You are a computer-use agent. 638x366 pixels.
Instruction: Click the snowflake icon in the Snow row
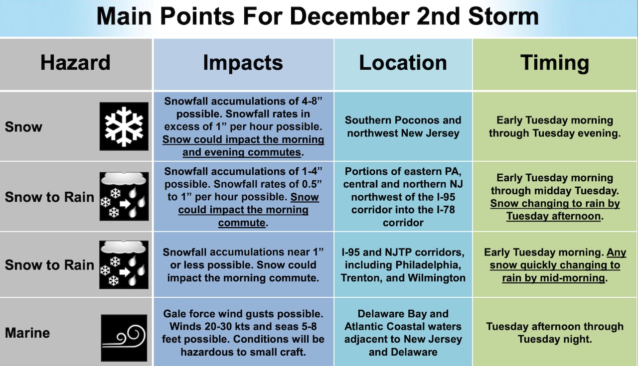pyautogui.click(x=124, y=126)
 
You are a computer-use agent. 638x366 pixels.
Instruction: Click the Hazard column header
pyautogui.click(x=75, y=63)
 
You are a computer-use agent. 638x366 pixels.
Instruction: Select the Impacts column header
pyautogui.click(x=243, y=63)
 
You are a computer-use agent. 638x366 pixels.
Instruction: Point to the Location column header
pyautogui.click(x=403, y=63)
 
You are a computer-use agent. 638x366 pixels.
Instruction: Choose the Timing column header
pyautogui.click(x=555, y=63)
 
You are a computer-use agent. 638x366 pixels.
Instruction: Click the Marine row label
pyautogui.click(x=27, y=333)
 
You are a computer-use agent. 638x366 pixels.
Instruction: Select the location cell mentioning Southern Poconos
pyautogui.click(x=403, y=126)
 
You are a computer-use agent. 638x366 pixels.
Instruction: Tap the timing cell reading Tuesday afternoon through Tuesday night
pyautogui.click(x=555, y=333)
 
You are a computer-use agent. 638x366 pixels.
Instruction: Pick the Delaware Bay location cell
pyautogui.click(x=403, y=333)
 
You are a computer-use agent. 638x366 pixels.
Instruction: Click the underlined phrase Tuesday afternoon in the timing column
pyautogui.click(x=553, y=216)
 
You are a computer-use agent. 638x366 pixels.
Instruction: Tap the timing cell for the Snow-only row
pyautogui.click(x=555, y=126)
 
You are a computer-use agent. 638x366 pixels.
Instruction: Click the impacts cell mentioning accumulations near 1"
pyautogui.click(x=243, y=265)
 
